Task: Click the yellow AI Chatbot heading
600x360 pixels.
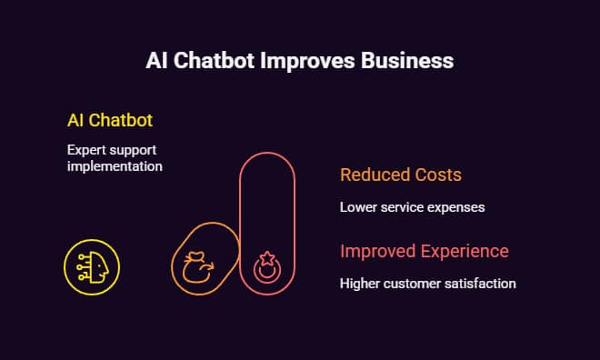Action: (x=110, y=120)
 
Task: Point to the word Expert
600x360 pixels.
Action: (x=85, y=149)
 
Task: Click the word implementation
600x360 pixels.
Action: (x=115, y=166)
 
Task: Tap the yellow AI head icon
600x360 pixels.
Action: (x=91, y=267)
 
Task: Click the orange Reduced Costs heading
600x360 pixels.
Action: (x=401, y=175)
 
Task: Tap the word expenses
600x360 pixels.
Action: (x=455, y=207)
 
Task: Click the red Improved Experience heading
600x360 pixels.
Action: (x=424, y=251)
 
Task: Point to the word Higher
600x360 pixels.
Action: (x=360, y=284)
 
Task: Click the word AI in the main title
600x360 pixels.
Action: (x=156, y=62)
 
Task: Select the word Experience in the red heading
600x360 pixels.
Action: (x=463, y=251)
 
